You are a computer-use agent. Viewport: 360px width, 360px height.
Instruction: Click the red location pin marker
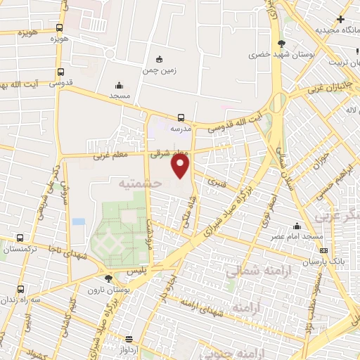(181, 166)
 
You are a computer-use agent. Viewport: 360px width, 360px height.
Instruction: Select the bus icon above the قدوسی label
(60, 72)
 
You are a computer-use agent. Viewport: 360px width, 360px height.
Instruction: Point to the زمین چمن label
(160, 70)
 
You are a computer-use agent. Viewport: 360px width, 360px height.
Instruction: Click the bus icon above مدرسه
(181, 117)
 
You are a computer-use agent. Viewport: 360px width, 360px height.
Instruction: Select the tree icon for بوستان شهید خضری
(282, 43)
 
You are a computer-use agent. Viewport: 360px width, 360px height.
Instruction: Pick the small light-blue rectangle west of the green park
(78, 221)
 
